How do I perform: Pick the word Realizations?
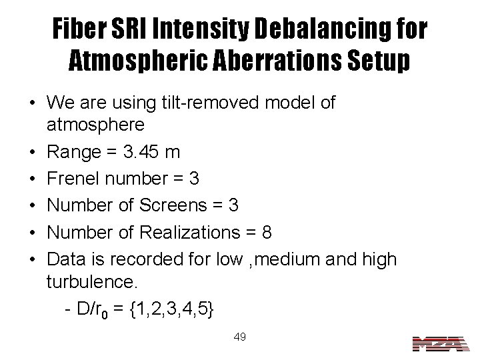(x=200, y=234)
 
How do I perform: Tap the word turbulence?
(x=91, y=282)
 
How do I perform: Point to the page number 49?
(x=240, y=337)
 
